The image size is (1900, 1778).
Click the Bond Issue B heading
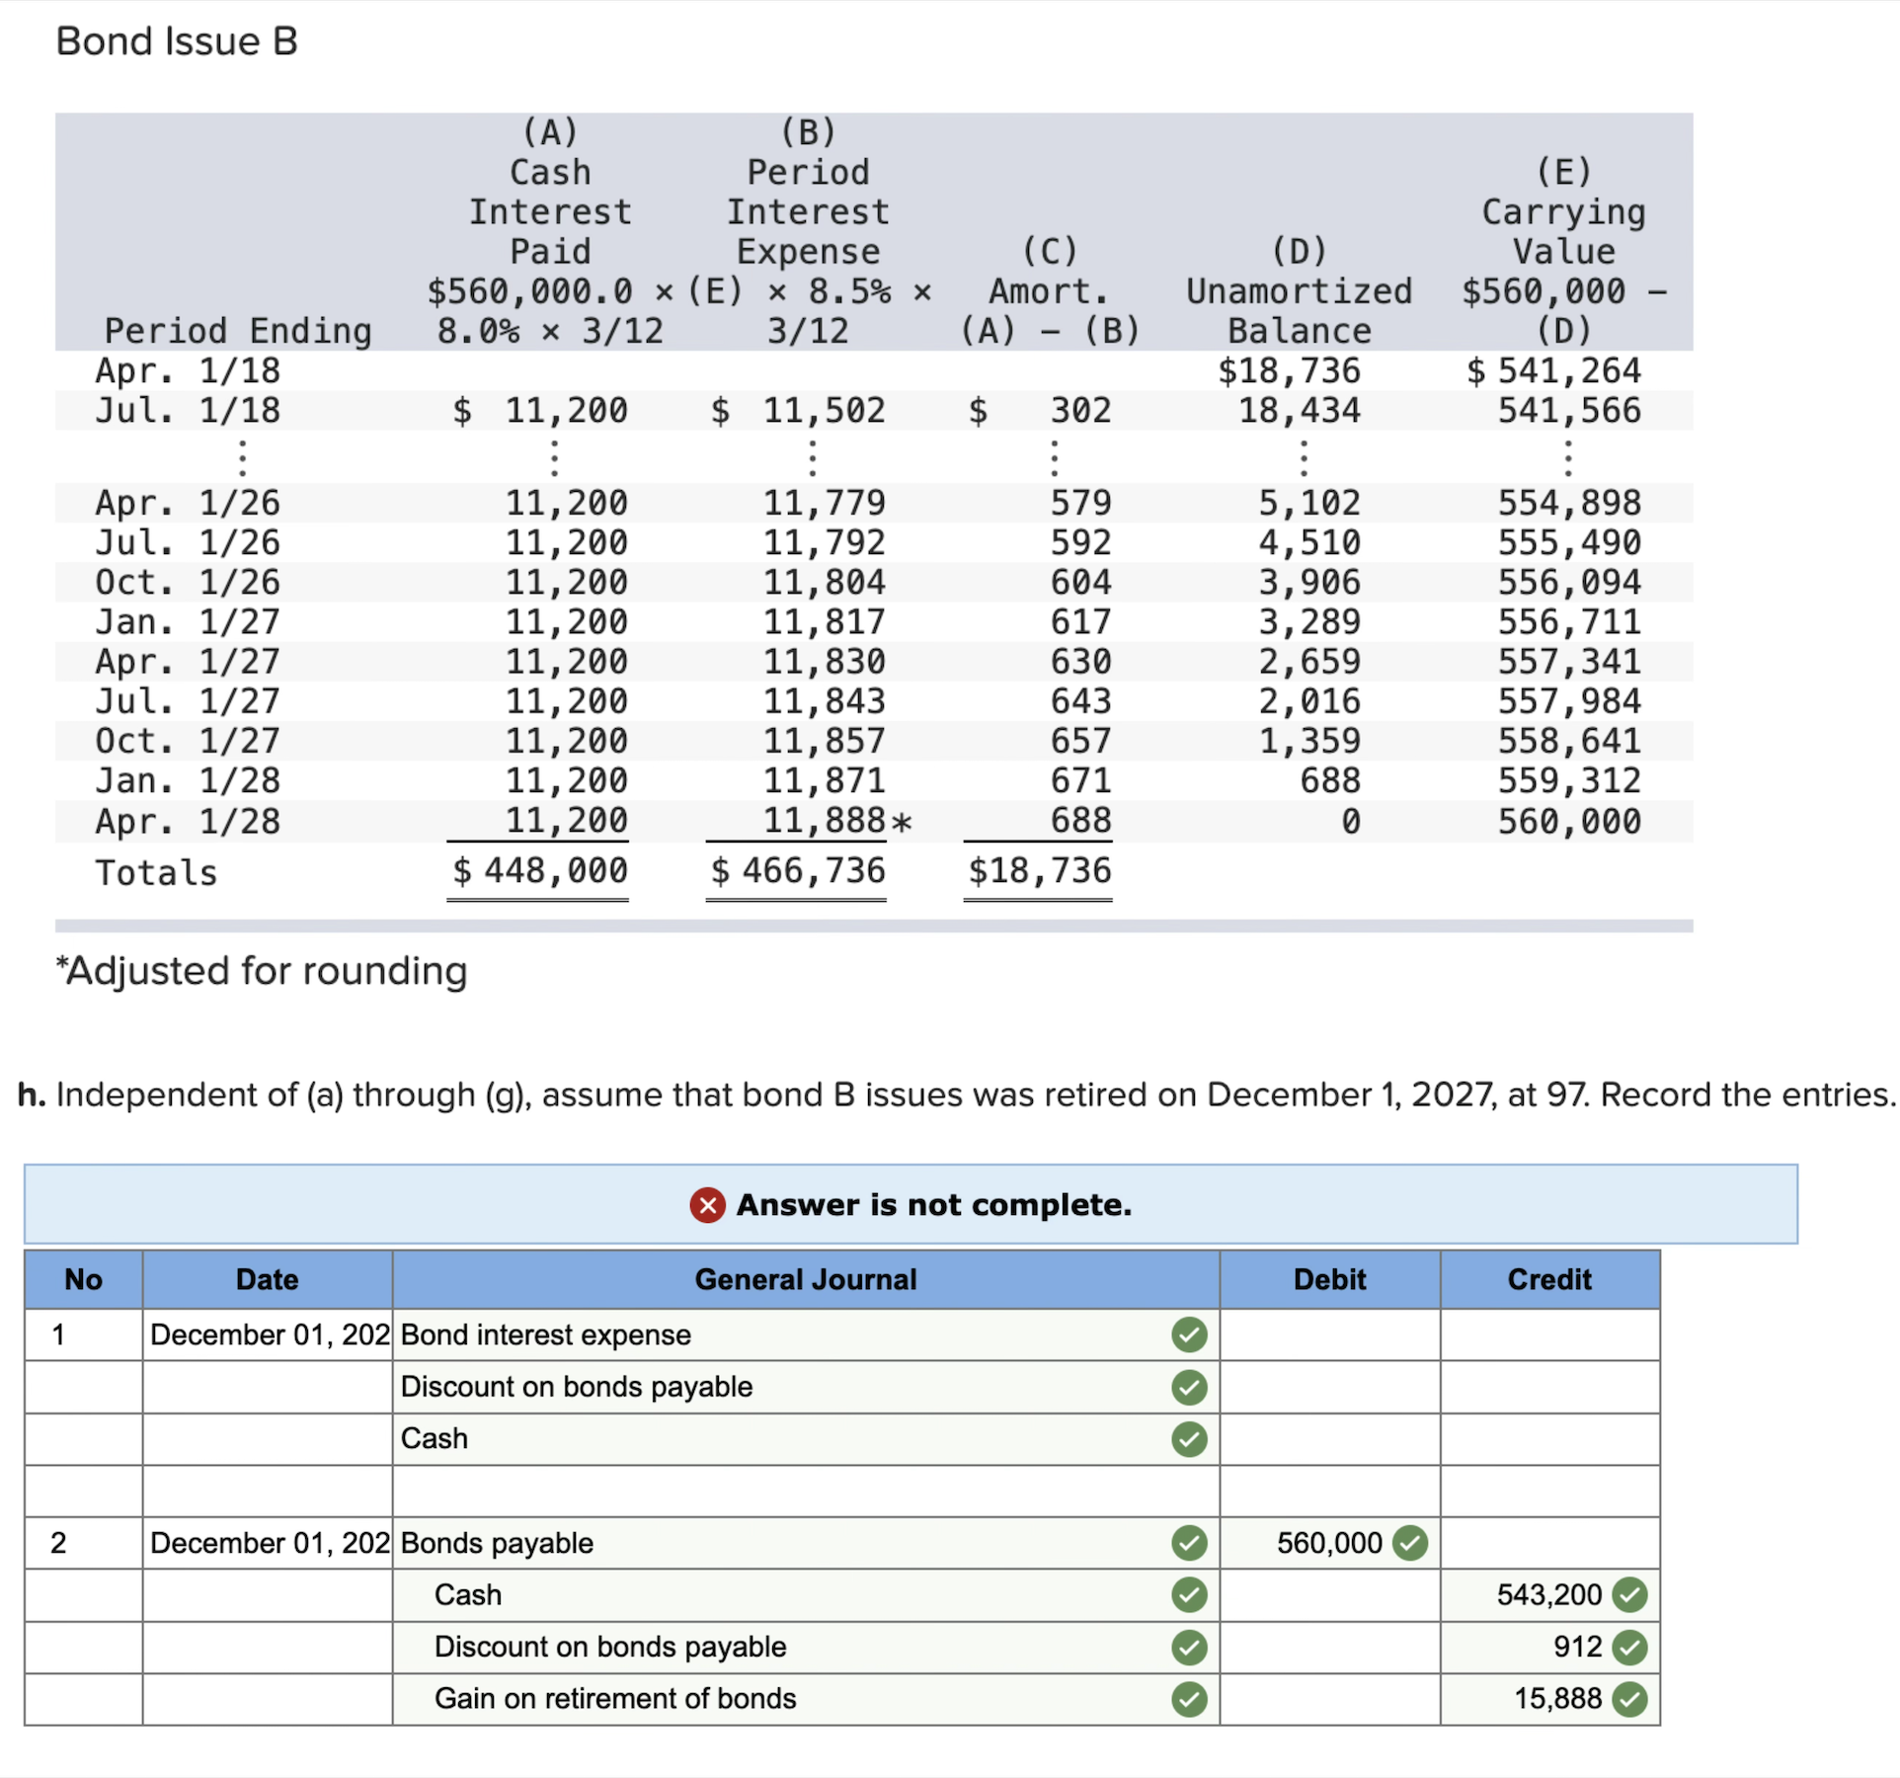tap(177, 41)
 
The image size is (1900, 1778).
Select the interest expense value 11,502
tap(823, 411)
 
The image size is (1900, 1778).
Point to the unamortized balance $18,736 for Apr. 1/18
tap(1288, 371)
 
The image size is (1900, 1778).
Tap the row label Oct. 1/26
tap(188, 583)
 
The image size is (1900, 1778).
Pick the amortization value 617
tap(1080, 622)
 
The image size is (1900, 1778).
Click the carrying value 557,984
tap(1568, 701)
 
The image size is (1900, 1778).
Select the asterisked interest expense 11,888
tap(824, 821)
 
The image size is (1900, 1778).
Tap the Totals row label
tap(156, 873)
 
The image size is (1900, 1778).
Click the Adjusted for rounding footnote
tap(262, 971)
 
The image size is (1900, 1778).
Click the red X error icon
tap(707, 1205)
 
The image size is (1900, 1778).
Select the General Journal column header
tap(805, 1280)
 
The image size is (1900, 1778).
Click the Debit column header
tap(1329, 1280)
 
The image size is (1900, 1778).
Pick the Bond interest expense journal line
tap(545, 1335)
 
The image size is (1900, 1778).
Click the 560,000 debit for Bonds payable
tap(1328, 1543)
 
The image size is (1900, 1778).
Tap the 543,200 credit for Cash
tap(1548, 1595)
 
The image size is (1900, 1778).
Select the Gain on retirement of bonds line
tap(614, 1699)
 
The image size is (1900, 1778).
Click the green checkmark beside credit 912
tap(1629, 1648)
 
